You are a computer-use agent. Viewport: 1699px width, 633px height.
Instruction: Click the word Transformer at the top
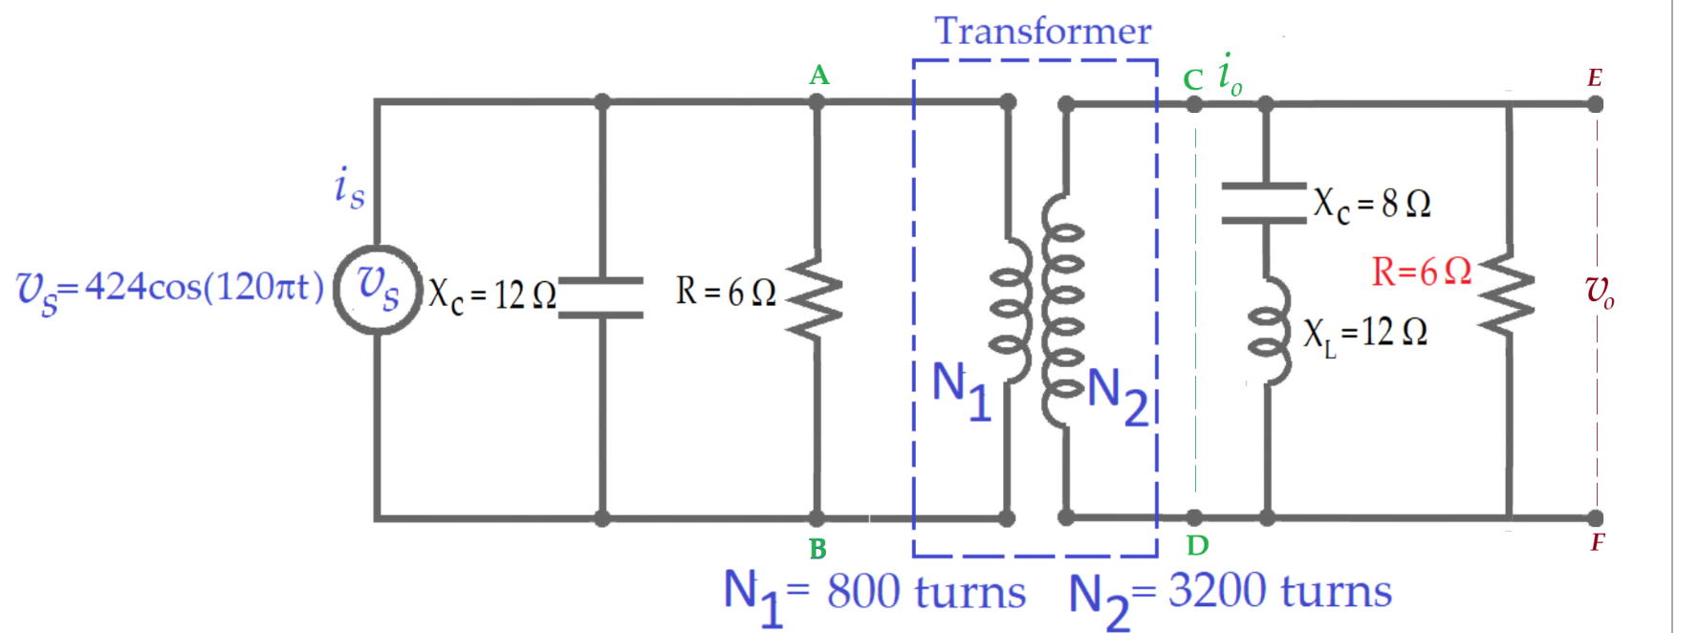(x=1042, y=31)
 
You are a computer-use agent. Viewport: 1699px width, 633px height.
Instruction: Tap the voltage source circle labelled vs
(x=378, y=289)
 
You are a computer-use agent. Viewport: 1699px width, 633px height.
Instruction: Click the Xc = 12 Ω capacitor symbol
(x=601, y=296)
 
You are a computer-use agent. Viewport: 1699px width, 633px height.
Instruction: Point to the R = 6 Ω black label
(x=725, y=292)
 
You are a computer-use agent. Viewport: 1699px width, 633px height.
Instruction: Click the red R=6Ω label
(x=1421, y=272)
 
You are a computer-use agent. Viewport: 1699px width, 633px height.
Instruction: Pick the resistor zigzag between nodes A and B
(x=816, y=295)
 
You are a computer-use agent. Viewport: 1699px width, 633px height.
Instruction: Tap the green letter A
(x=818, y=75)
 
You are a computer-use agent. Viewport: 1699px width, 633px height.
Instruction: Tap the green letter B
(x=817, y=549)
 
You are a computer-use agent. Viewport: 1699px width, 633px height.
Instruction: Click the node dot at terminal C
(x=1194, y=103)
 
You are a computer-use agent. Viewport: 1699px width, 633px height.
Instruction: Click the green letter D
(x=1197, y=545)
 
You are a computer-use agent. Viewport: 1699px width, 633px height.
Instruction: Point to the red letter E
(x=1594, y=77)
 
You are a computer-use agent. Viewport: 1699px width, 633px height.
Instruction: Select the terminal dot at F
(x=1595, y=518)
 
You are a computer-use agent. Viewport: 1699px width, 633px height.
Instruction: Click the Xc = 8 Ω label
(x=1371, y=204)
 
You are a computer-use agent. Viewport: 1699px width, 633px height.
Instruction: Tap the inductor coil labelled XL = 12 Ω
(x=1270, y=331)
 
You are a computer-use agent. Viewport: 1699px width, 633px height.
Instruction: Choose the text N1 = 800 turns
(x=874, y=593)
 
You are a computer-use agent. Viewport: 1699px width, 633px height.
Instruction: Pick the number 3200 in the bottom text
(x=1211, y=591)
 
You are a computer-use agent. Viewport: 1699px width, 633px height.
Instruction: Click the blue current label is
(x=349, y=186)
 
